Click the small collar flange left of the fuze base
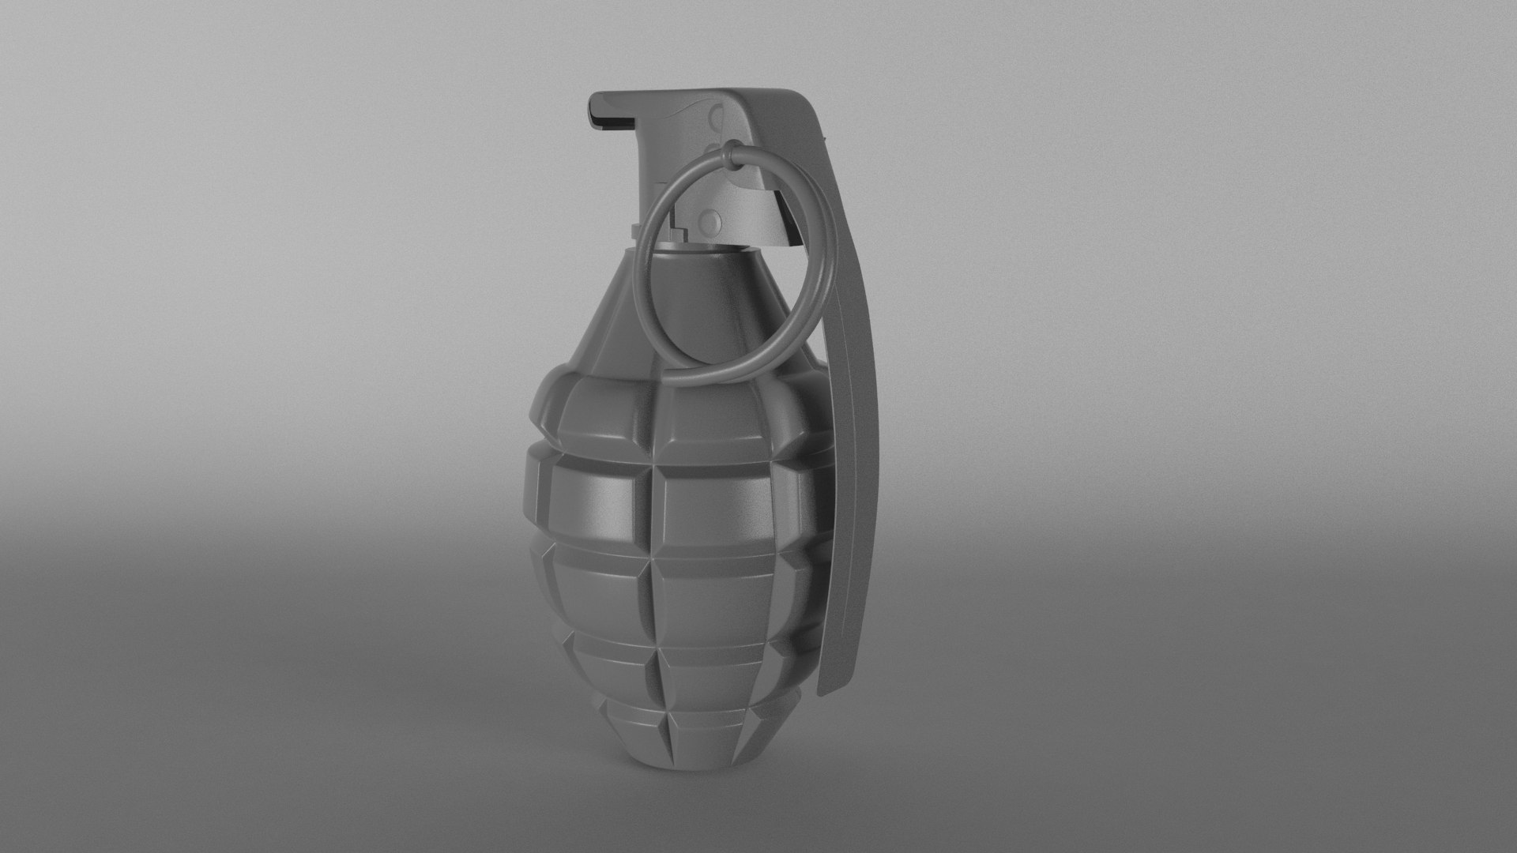click(x=637, y=230)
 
